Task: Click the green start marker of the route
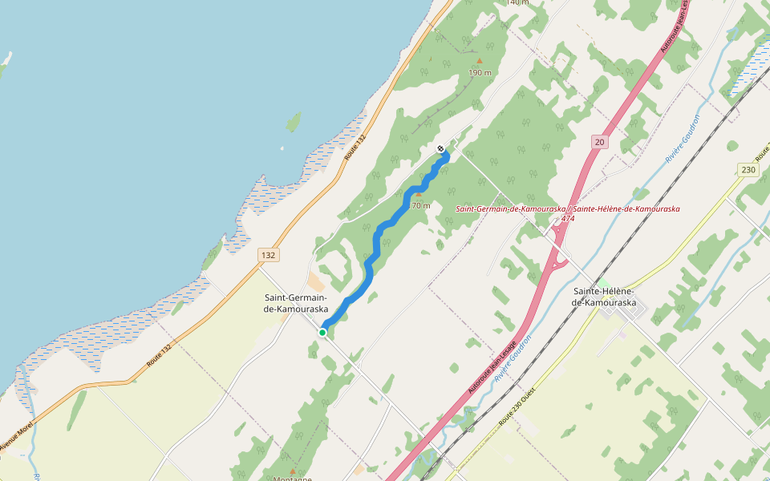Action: coord(322,332)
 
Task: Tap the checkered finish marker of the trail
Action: coord(440,148)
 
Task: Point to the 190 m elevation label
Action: coord(480,73)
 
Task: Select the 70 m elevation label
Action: coord(420,205)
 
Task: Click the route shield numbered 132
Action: coord(268,254)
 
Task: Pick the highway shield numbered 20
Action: coord(599,142)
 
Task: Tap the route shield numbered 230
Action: coord(748,170)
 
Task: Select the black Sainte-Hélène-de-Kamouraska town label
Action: coord(603,297)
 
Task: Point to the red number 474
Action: coord(568,218)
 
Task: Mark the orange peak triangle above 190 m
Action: coord(480,61)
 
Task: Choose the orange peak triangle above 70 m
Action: coord(418,195)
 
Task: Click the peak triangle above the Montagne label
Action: coord(292,471)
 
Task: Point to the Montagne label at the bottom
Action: coord(292,479)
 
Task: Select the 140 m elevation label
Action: coord(518,2)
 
